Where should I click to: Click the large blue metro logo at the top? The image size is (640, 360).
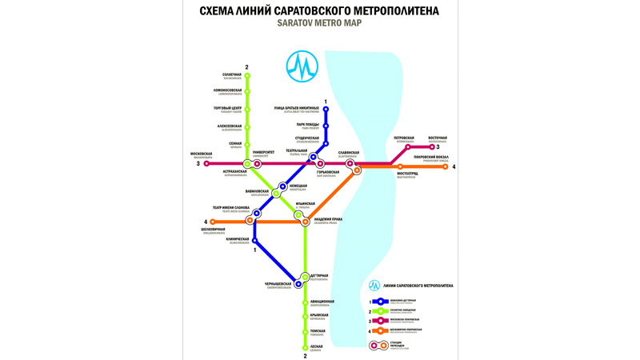tap(302, 67)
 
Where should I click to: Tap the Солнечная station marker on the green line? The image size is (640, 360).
tap(247, 76)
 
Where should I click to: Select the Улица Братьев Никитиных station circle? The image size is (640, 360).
tap(326, 110)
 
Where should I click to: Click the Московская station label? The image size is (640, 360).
tap(202, 154)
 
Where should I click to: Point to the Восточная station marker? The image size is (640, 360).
tap(432, 147)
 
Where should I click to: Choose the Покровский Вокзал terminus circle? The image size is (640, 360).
tap(445, 166)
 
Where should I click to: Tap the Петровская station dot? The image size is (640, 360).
tap(408, 147)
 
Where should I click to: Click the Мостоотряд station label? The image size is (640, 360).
tap(407, 174)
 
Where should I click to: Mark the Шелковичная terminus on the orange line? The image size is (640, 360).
tap(213, 222)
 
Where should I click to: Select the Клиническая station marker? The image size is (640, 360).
tap(255, 240)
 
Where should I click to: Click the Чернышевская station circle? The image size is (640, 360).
tap(298, 284)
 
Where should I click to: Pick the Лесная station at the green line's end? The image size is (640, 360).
tap(306, 347)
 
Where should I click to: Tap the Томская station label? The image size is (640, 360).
tap(317, 331)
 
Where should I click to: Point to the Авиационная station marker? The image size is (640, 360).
tap(306, 303)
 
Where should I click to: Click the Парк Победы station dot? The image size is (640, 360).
tap(326, 126)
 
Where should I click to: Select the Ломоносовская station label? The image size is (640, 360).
tap(228, 90)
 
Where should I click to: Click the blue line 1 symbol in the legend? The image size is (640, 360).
tap(381, 302)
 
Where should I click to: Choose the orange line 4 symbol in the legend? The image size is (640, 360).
tap(381, 330)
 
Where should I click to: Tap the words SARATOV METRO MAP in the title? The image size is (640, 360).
tap(319, 23)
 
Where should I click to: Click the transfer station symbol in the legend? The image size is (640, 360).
tap(378, 346)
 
